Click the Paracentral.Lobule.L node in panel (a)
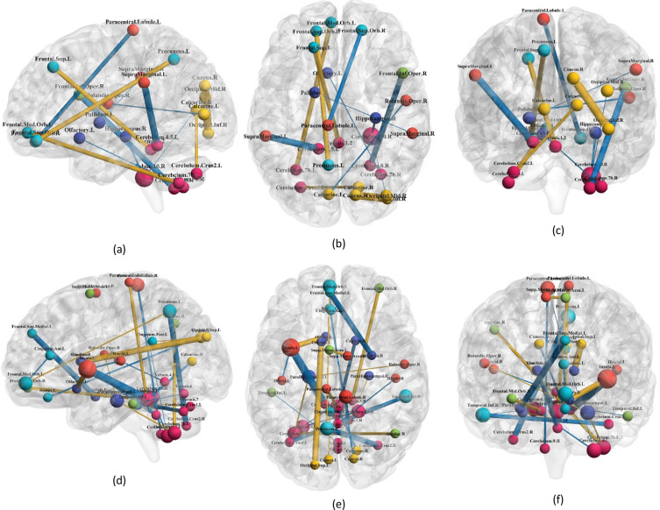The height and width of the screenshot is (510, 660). pos(133,31)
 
